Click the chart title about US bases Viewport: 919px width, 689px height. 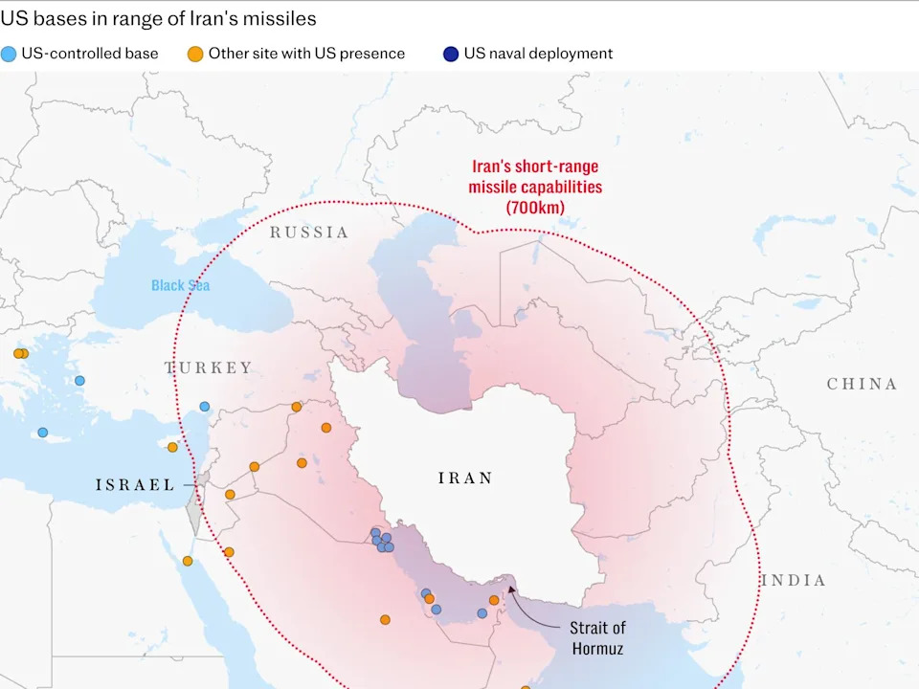pyautogui.click(x=159, y=18)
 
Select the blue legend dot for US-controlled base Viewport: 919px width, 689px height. pyautogui.click(x=10, y=54)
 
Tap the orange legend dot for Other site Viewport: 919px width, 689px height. pyautogui.click(x=195, y=54)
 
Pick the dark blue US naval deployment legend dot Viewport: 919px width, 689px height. pyautogui.click(x=451, y=54)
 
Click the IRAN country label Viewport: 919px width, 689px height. pyautogui.click(x=465, y=478)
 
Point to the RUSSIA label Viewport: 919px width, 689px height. pyautogui.click(x=308, y=232)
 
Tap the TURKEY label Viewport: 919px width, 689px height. pyautogui.click(x=210, y=367)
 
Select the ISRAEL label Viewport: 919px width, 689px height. pyautogui.click(x=135, y=484)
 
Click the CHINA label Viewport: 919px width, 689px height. pyautogui.click(x=862, y=384)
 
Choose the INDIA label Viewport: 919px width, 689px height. pyautogui.click(x=793, y=580)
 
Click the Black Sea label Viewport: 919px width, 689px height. pyautogui.click(x=180, y=285)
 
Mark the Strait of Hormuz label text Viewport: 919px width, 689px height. pyautogui.click(x=597, y=637)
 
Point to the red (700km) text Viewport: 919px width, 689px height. pyautogui.click(x=535, y=207)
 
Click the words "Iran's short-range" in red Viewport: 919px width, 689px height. pyautogui.click(x=535, y=167)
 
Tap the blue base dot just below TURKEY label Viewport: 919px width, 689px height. pyautogui.click(x=204, y=407)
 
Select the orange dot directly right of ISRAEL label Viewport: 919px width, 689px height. pyautogui.click(x=230, y=495)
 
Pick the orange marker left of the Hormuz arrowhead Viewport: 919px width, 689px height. pyautogui.click(x=494, y=600)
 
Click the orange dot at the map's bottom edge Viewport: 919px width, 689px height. pyautogui.click(x=526, y=686)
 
